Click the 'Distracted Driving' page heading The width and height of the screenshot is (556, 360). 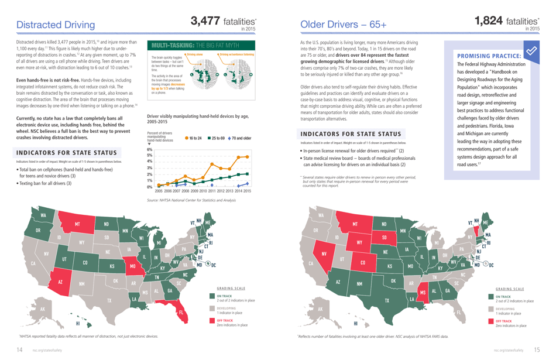56,25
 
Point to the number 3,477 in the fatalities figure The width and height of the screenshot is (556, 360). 210,21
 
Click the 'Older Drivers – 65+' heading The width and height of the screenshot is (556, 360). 343,25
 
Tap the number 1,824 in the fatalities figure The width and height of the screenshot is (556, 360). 489,21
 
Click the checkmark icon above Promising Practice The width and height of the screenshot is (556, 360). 531,51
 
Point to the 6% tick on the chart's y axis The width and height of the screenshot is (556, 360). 149,149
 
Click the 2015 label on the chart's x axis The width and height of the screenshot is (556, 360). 247,191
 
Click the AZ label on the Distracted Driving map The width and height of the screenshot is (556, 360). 60,282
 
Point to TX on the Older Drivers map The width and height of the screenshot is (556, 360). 386,301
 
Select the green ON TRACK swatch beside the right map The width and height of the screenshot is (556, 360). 491,297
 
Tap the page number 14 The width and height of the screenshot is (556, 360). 19,349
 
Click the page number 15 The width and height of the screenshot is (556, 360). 536,349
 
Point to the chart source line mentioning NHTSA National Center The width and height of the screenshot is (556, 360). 191,200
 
